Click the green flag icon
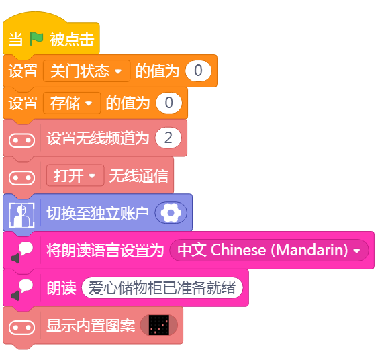point(36,39)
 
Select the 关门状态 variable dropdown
point(87,71)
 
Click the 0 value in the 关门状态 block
point(198,71)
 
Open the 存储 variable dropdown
point(72,103)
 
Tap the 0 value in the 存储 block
point(169,103)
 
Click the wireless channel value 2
point(168,138)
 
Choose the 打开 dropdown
point(75,175)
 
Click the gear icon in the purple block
point(171,213)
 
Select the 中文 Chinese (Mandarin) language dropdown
point(269,250)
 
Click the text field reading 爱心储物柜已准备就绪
point(162,287)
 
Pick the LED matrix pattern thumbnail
point(159,325)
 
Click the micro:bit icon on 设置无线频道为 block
point(21,140)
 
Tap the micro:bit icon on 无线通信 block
point(21,178)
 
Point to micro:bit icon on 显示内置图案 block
point(21,328)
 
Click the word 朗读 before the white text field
point(62,288)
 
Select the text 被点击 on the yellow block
point(72,40)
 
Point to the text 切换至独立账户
point(98,213)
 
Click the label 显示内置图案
point(91,326)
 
